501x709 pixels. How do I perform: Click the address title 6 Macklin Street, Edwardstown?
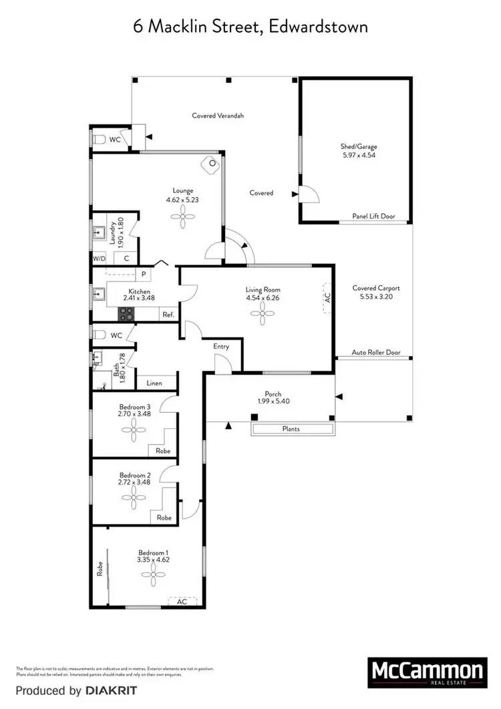(250, 27)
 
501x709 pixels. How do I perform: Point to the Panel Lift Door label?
(373, 217)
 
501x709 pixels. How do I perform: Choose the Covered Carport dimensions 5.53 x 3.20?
(376, 296)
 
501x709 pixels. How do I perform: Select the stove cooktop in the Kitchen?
(127, 313)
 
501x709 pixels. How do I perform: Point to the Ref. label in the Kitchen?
(168, 314)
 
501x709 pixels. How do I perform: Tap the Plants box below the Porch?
(291, 429)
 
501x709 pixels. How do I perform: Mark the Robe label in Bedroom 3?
(163, 451)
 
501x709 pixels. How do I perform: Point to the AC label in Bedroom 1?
(182, 601)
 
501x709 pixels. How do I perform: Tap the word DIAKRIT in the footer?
(111, 690)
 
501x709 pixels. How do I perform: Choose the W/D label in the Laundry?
(99, 258)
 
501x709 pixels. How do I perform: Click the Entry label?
(221, 346)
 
